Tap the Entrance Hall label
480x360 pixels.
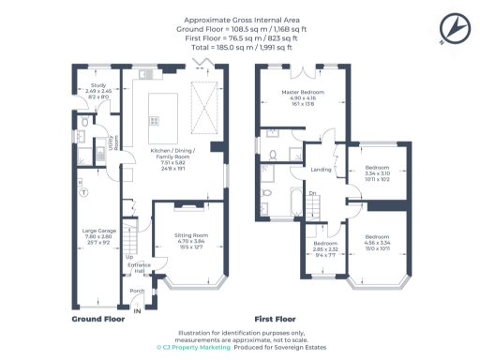[138, 268]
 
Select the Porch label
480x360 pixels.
[136, 291]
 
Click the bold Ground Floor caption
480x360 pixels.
[98, 319]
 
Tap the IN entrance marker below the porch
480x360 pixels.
[136, 309]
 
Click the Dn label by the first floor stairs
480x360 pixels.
[313, 193]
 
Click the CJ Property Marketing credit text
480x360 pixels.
[197, 347]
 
